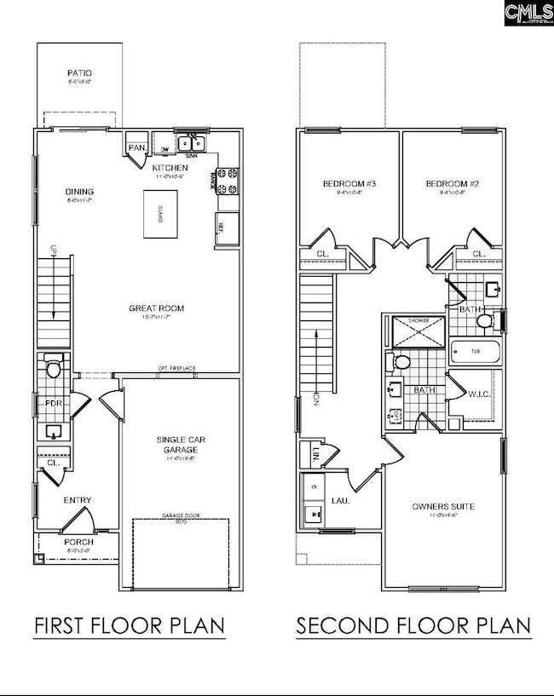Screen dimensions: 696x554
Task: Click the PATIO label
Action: coord(78,75)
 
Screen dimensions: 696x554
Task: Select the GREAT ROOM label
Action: coord(157,308)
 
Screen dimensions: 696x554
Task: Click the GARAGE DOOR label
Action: coord(180,516)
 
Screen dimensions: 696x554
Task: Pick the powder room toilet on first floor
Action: coord(53,369)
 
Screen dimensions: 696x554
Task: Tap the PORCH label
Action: coord(78,543)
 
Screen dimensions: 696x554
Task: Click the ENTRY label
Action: coord(78,501)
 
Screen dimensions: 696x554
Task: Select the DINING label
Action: coord(79,192)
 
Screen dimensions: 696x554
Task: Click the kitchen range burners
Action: coord(228,179)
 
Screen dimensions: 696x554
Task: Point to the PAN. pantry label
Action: coord(137,148)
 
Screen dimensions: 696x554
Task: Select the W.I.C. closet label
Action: coord(478,394)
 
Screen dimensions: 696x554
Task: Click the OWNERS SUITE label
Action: coord(443,507)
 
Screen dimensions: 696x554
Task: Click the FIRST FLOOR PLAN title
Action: coord(130,626)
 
